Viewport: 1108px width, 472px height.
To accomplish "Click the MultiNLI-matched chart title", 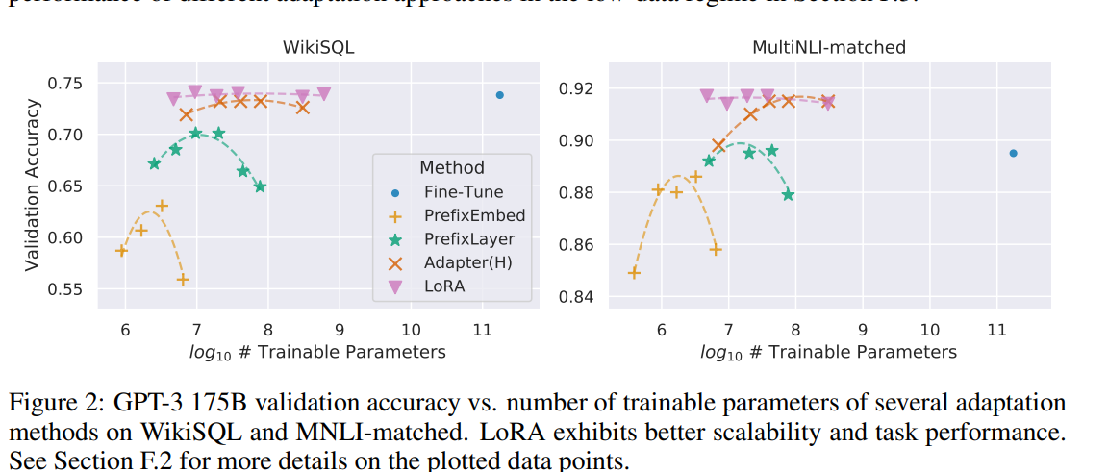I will click(x=828, y=46).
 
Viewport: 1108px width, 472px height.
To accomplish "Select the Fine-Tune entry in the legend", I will click(x=463, y=192).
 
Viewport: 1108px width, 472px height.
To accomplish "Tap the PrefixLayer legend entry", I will click(x=468, y=238).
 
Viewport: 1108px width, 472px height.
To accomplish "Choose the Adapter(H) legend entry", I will click(x=468, y=262).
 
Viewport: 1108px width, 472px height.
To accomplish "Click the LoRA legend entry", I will click(x=445, y=286).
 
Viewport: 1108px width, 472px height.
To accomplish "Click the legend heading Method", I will click(x=451, y=168).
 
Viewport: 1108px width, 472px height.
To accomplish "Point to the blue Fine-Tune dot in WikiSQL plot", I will click(x=500, y=95).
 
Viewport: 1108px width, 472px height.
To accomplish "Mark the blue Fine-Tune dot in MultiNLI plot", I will click(x=1013, y=153).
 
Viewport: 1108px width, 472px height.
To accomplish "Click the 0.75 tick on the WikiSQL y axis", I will click(x=66, y=83).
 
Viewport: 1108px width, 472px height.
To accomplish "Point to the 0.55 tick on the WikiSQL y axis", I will click(x=66, y=288).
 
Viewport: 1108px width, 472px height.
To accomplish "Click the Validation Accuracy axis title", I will click(x=33, y=186).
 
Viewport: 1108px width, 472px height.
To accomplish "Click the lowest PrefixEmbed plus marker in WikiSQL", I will click(x=183, y=280).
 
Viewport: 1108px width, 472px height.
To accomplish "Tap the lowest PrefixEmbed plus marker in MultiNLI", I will click(x=634, y=273).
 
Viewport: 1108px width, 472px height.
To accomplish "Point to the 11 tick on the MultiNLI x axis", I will click(x=996, y=329).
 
